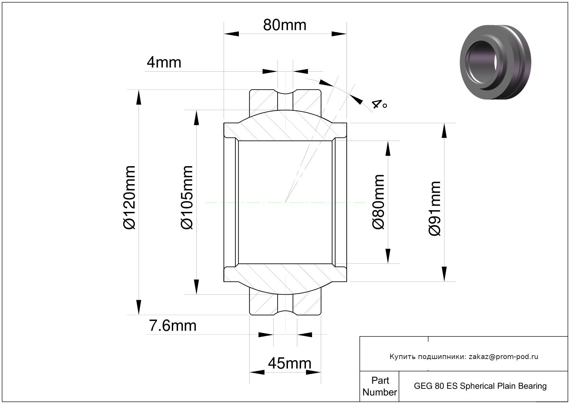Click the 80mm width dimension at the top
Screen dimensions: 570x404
tap(284, 25)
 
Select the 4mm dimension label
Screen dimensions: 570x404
tap(164, 62)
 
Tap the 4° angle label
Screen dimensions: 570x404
tap(379, 104)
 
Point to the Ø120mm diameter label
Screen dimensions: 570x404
tap(130, 198)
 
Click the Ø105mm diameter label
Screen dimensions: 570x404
tap(187, 198)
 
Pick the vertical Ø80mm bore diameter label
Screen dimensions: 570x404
tap(379, 202)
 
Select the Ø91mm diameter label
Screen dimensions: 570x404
tap(434, 208)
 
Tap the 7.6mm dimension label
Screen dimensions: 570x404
tap(172, 326)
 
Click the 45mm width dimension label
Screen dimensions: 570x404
tap(290, 363)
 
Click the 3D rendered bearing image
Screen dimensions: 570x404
tap(495, 62)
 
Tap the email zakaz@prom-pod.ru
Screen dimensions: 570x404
tap(503, 357)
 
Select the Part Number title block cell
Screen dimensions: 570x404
tap(380, 386)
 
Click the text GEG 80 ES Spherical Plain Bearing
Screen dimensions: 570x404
tap(480, 386)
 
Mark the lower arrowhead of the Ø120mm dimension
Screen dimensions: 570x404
tap(139, 307)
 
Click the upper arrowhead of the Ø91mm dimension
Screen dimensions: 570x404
tap(444, 131)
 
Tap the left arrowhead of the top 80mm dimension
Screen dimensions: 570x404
tap(232, 34)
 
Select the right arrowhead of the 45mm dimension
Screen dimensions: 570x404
tap(313, 372)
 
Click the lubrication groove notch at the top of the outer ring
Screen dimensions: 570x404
tap(285, 91)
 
